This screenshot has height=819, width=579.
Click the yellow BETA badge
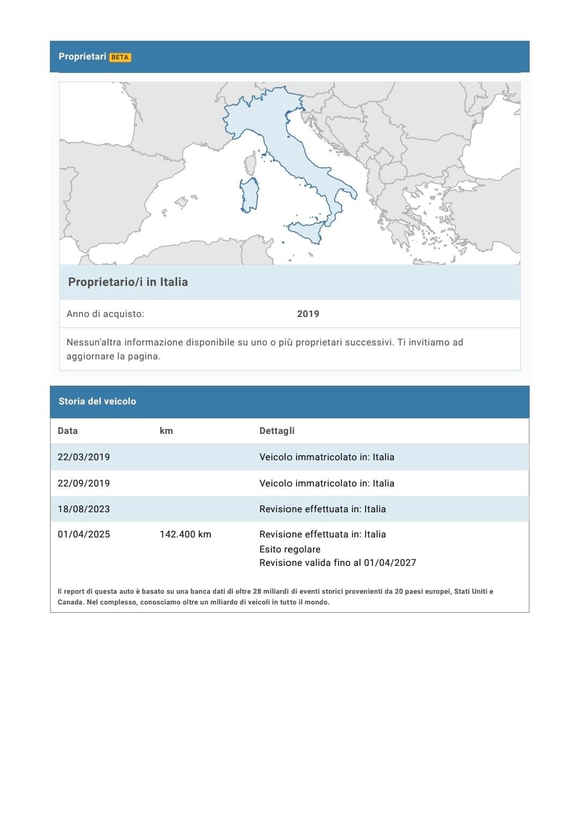(x=120, y=57)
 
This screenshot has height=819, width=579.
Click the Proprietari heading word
(x=82, y=56)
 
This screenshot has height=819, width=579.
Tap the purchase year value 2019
(x=308, y=314)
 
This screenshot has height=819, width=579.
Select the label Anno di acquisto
(x=105, y=314)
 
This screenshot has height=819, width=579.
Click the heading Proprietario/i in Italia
(x=128, y=282)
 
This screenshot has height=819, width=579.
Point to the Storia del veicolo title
(x=97, y=401)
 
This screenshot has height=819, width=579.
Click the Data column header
(x=68, y=431)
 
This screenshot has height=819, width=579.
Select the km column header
(x=166, y=431)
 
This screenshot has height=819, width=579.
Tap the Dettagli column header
(x=277, y=431)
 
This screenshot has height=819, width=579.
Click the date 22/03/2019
(x=84, y=457)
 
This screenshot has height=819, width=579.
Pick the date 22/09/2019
(x=84, y=483)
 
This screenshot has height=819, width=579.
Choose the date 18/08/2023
(x=84, y=509)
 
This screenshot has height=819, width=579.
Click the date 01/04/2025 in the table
(x=84, y=534)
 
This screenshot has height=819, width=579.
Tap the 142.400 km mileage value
(x=185, y=534)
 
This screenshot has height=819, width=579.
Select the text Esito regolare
(x=289, y=549)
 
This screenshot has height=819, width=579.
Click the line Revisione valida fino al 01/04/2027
(x=337, y=563)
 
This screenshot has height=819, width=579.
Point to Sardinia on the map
(x=250, y=195)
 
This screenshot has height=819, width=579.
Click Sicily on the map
(x=308, y=231)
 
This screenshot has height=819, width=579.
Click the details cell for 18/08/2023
(x=322, y=509)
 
